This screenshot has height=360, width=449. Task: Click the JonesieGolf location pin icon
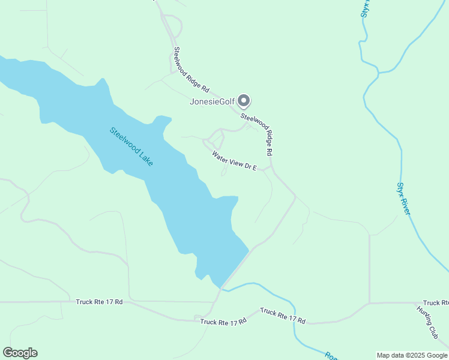pos(243,100)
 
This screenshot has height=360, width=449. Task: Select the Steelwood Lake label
pos(131,146)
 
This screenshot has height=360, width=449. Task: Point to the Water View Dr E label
pos(234,161)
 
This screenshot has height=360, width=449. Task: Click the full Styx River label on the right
pos(404,199)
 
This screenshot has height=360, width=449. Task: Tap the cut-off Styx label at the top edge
pos(366,10)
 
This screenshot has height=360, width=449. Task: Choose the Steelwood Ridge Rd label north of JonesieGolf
pos(191,70)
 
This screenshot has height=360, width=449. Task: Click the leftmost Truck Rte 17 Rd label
pos(99,302)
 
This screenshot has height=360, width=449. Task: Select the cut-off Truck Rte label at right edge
pos(435,303)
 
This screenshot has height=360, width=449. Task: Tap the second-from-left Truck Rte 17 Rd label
pos(223,322)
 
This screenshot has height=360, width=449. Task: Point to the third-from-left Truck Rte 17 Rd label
pos(283,316)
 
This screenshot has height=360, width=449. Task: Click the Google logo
pos(20,353)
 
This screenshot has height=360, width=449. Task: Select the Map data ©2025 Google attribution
pos(411,355)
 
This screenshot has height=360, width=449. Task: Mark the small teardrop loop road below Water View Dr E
pos(224,172)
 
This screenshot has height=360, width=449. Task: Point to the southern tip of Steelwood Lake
pos(221,287)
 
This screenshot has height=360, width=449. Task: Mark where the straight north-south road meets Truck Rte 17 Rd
pos(369,303)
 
